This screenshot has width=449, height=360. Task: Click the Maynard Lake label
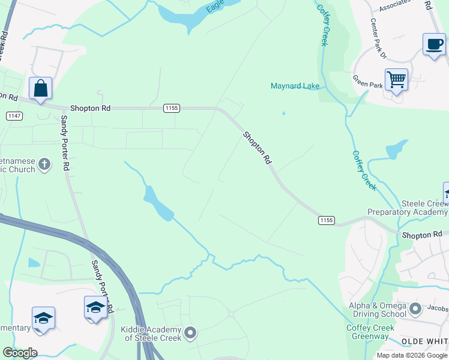[295, 86]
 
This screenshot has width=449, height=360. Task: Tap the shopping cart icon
[396, 79]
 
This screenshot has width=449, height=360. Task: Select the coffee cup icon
[434, 44]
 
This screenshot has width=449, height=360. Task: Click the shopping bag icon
[40, 88]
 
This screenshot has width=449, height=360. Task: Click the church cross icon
[44, 164]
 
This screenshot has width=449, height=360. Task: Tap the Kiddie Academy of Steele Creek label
[151, 334]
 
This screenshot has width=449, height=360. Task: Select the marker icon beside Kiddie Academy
[190, 332]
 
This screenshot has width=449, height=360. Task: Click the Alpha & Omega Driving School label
[378, 310]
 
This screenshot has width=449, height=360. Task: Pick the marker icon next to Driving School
[415, 310]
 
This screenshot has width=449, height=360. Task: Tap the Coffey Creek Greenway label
[370, 332]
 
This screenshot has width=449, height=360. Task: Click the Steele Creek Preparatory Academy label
[408, 208]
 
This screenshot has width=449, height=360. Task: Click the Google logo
[20, 353]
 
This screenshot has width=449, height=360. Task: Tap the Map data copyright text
[412, 355]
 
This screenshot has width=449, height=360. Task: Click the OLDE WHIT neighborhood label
[424, 341]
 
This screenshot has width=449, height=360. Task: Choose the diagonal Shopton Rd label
[258, 148]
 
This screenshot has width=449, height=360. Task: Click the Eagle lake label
[214, 7]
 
